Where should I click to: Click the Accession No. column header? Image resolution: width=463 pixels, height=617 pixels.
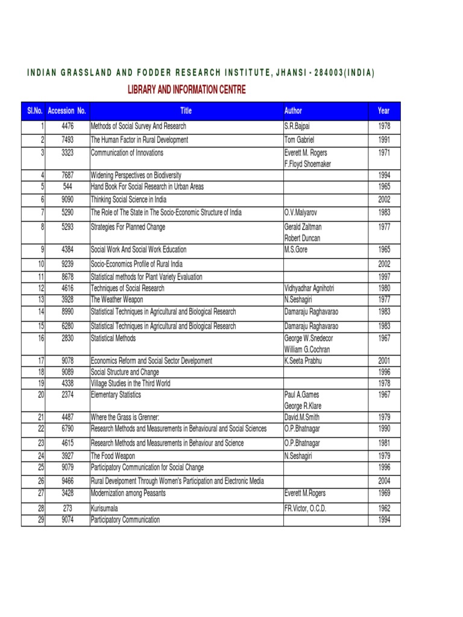pyautogui.click(x=67, y=111)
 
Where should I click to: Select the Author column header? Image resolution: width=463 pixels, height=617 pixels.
pyautogui.click(x=293, y=111)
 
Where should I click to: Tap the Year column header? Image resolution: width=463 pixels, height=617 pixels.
pyautogui.click(x=383, y=111)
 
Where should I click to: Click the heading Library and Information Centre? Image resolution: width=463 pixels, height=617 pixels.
pyautogui.click(x=186, y=90)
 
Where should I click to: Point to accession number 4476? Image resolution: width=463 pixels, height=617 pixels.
pyautogui.click(x=67, y=127)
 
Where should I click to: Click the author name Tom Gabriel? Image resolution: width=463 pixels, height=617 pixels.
pyautogui.click(x=300, y=140)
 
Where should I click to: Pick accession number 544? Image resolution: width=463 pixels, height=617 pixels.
pyautogui.click(x=67, y=187)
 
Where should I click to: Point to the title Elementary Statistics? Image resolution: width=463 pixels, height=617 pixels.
pyautogui.click(x=116, y=395)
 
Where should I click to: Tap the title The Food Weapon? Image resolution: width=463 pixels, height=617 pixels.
pyautogui.click(x=113, y=456)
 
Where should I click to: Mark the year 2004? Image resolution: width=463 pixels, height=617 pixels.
pyautogui.click(x=384, y=481)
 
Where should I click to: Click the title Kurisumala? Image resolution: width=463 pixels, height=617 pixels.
pyautogui.click(x=105, y=509)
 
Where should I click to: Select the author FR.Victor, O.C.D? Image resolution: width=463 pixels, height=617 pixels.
pyautogui.click(x=305, y=509)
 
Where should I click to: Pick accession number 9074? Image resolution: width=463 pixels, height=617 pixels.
pyautogui.click(x=67, y=519)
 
